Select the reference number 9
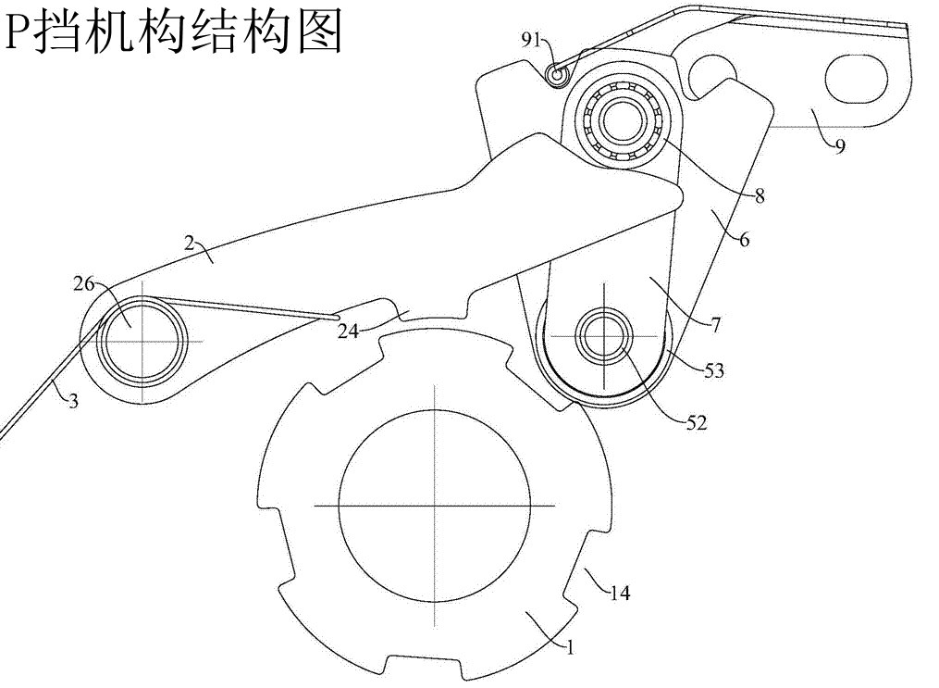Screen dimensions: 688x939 click(838, 146)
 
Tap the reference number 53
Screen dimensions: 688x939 click(713, 372)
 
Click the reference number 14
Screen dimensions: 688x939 click(619, 594)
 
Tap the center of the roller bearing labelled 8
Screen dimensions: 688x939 click(624, 120)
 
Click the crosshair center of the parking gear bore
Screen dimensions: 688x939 click(435, 506)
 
